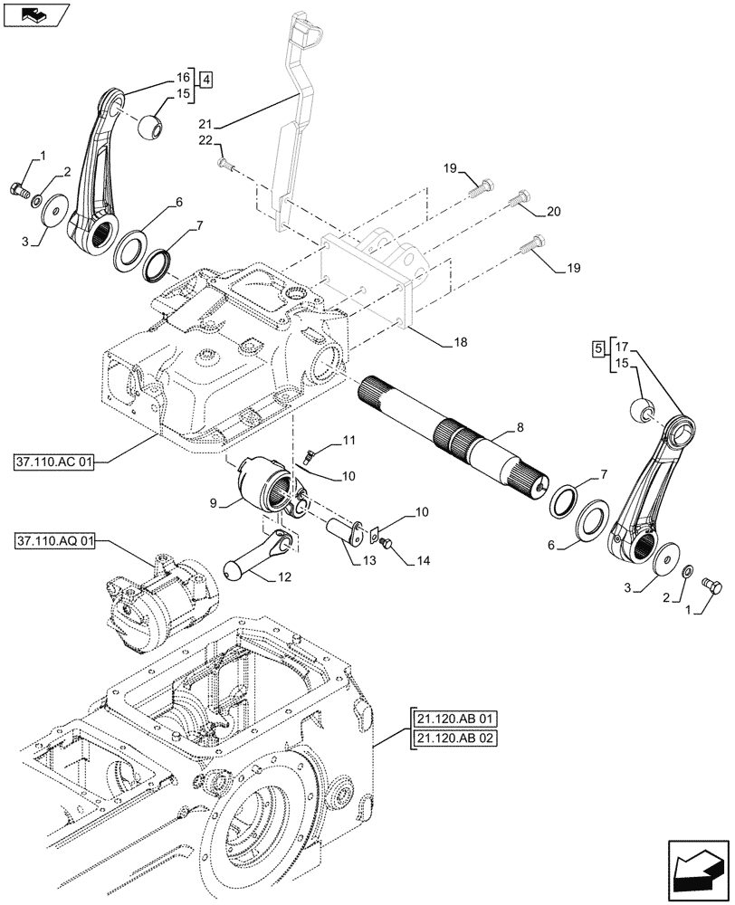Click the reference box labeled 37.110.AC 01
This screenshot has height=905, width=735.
pyautogui.click(x=53, y=462)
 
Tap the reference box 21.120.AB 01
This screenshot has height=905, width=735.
pyautogui.click(x=456, y=719)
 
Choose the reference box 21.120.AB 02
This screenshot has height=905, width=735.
pyautogui.click(x=456, y=739)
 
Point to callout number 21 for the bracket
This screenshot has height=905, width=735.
pyautogui.click(x=205, y=122)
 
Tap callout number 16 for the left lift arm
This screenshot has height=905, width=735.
pyautogui.click(x=185, y=78)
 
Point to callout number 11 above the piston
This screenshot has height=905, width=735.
pyautogui.click(x=350, y=440)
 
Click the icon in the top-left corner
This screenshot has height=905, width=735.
pyautogui.click(x=33, y=14)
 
